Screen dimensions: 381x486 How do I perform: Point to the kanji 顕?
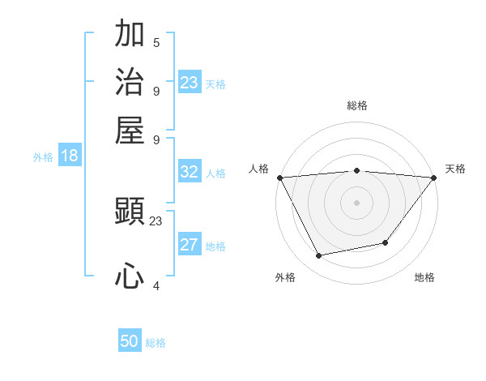130,214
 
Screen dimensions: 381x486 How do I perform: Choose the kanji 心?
130,276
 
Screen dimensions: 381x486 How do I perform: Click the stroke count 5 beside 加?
156,43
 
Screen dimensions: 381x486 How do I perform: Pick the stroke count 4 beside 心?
156,285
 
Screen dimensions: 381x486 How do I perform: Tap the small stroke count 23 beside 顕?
156,220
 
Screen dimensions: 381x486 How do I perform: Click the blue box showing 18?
70,156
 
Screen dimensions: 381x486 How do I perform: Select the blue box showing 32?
189,172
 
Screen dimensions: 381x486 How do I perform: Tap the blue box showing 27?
189,246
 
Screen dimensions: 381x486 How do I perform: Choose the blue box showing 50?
130,342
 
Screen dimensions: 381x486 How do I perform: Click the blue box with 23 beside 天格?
189,83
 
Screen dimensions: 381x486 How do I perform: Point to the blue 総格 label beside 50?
156,343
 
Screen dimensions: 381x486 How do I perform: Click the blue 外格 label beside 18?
43,157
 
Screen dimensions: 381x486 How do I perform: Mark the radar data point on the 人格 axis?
279,178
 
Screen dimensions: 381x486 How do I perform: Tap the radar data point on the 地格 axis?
386,242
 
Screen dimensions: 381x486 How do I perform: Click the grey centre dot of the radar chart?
356,202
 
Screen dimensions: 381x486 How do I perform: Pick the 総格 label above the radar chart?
356,105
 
